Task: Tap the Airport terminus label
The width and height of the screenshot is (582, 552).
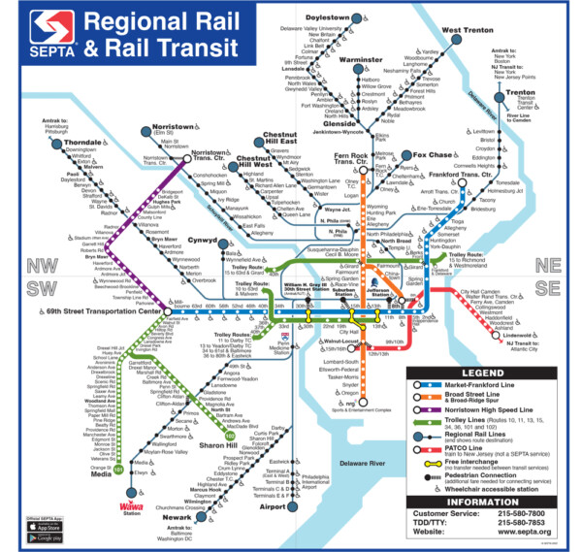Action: (273, 505)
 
